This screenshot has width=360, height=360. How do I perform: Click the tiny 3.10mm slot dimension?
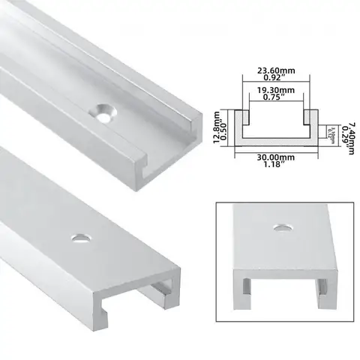(x=331, y=133)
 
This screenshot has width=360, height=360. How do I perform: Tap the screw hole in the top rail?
(x=103, y=112)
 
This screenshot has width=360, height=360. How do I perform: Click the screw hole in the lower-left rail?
(x=78, y=238)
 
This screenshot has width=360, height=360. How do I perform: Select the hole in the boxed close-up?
(x=283, y=226)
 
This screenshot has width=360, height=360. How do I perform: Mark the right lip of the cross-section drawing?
(x=308, y=115)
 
